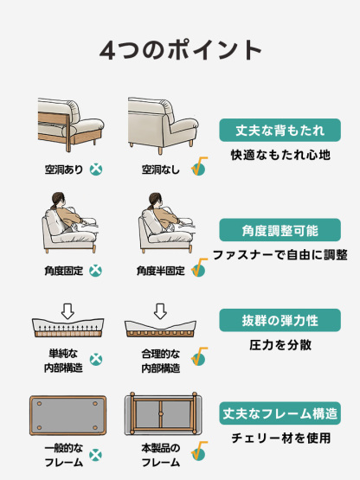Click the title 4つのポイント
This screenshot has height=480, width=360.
pos(180,49)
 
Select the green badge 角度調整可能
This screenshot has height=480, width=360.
pos(280,230)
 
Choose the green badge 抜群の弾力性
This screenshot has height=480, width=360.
pos(280,320)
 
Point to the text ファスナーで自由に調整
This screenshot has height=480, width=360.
pos(280,255)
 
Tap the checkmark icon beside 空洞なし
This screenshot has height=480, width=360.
pos(198,167)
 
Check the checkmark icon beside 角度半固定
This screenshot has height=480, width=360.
pos(198,268)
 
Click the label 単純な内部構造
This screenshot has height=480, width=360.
pos(63,361)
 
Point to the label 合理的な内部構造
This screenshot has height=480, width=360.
pos(160,361)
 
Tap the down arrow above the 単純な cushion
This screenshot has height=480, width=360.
pos(67,310)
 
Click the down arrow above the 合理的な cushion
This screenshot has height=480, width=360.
pos(160,310)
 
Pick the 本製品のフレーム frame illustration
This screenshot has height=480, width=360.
pos(164,415)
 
